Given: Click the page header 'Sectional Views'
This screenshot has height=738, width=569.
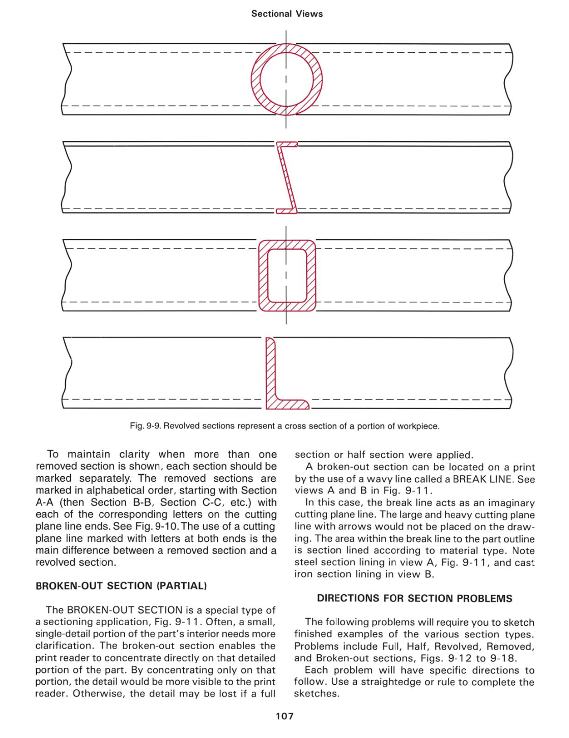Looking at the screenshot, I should click(x=287, y=14).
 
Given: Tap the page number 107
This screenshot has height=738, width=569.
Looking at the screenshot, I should click(x=284, y=716).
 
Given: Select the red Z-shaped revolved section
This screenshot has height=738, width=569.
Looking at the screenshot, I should click(x=287, y=177).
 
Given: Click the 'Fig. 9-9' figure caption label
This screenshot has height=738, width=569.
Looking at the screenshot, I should click(x=145, y=426).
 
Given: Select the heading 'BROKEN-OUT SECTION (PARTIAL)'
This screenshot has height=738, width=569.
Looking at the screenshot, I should click(x=121, y=586).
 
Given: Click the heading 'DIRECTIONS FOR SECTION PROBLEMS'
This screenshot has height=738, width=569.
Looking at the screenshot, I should click(x=414, y=598).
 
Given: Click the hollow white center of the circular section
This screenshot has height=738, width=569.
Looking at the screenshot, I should click(x=287, y=79).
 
